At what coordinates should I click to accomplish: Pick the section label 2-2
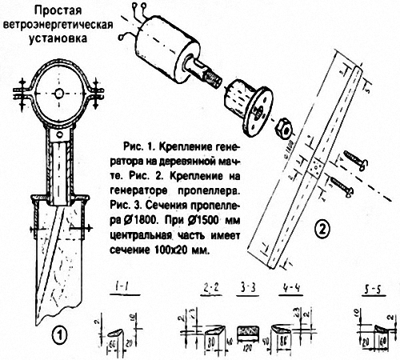(x=213, y=286)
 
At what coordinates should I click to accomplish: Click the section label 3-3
(x=248, y=286)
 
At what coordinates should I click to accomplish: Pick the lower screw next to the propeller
(x=346, y=190)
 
